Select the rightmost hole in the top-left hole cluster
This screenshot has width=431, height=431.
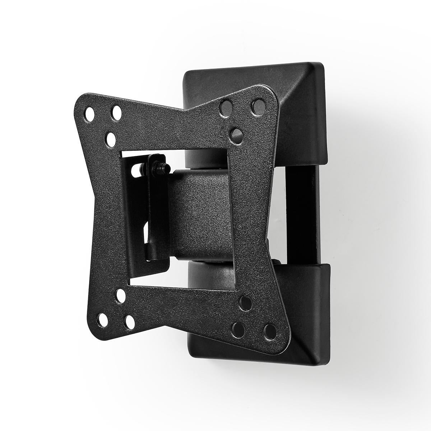click(116, 112)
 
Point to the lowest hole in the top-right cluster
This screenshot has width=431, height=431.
click(236, 134)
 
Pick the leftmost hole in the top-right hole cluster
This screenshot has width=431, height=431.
click(226, 107)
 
